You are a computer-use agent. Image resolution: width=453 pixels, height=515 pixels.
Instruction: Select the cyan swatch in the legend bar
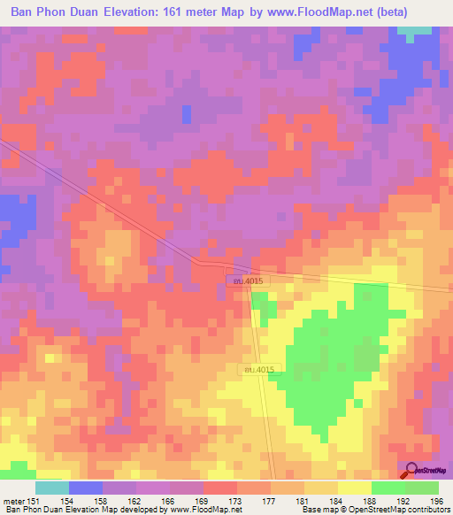point(51,488)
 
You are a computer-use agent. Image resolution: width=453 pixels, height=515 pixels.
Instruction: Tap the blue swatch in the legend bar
point(85,488)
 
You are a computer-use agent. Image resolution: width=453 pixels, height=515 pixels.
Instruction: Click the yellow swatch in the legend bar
point(354,488)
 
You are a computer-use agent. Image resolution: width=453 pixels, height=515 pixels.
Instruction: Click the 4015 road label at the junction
point(244,281)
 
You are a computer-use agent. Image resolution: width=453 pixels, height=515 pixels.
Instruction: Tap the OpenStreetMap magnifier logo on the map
point(412,470)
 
